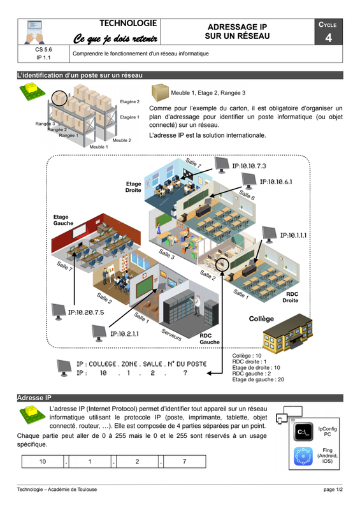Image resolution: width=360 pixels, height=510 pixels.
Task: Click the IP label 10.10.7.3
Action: pyautogui.click(x=248, y=166)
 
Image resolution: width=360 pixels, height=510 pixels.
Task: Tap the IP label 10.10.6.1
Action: pyautogui.click(x=276, y=182)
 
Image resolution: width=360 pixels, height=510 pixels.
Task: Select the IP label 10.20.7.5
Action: pyautogui.click(x=86, y=312)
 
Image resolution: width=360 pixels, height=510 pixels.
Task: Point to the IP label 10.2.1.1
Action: pyautogui.click(x=124, y=333)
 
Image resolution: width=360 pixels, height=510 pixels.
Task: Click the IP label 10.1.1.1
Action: pyautogui.click(x=293, y=235)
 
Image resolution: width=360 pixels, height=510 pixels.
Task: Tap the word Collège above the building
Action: pyautogui.click(x=261, y=319)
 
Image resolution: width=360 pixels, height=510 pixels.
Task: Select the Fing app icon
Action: pyautogui.click(x=303, y=456)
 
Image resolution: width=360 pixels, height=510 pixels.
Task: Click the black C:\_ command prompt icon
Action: pyautogui.click(x=303, y=432)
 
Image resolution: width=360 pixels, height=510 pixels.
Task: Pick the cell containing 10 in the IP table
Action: pyautogui.click(x=43, y=462)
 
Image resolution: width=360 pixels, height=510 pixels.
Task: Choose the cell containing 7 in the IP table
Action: pyautogui.click(x=184, y=462)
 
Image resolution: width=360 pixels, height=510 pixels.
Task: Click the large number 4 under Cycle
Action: pyautogui.click(x=328, y=38)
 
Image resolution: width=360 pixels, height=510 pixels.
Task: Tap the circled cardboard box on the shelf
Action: pyautogui.click(x=59, y=98)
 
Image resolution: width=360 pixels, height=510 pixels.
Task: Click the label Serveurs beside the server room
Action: pyautogui.click(x=171, y=335)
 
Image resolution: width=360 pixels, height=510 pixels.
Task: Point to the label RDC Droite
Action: pyautogui.click(x=290, y=297)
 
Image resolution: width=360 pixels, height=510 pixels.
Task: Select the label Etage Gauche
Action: pyautogui.click(x=63, y=220)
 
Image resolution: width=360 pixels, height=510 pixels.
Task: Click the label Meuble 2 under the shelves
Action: pyautogui.click(x=122, y=140)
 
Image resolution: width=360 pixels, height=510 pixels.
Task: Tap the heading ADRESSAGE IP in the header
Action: pyautogui.click(x=237, y=27)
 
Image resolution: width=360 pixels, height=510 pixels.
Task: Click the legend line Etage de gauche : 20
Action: pyautogui.click(x=258, y=379)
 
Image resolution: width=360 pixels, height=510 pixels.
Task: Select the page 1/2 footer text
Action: pyautogui.click(x=333, y=489)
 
